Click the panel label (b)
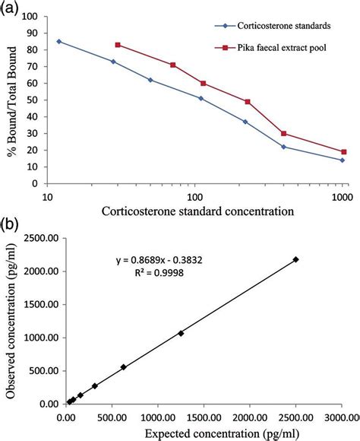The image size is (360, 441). [11, 227]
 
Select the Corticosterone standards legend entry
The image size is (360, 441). [273, 25]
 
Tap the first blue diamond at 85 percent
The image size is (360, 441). [59, 41]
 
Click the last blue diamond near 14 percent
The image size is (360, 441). [343, 160]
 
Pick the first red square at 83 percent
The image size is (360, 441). [118, 45]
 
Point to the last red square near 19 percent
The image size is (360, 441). [343, 152]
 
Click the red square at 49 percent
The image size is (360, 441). [248, 102]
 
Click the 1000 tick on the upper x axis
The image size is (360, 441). [341, 195]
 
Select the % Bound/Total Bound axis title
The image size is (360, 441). [11, 99]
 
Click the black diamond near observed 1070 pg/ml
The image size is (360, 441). [181, 333]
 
